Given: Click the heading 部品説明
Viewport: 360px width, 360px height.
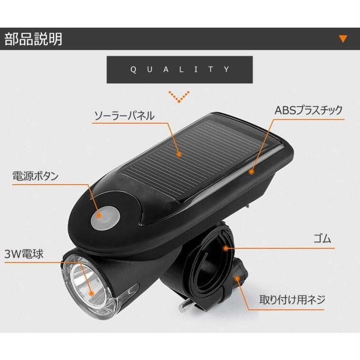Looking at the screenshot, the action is (x=33, y=39).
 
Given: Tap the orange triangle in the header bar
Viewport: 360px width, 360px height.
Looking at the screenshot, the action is (x=342, y=39).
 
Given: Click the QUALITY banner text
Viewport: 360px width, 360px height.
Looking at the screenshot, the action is (x=180, y=70).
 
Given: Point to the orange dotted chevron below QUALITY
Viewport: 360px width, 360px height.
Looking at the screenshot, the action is (x=180, y=97).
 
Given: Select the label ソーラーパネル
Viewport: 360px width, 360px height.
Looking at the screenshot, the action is (x=124, y=115).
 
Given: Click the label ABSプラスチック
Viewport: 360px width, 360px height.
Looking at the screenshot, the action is (x=308, y=110).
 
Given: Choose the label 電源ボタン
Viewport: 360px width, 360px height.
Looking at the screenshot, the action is (x=35, y=176).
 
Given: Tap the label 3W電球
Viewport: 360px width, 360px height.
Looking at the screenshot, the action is (x=24, y=254).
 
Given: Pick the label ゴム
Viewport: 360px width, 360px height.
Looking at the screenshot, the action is (x=323, y=239).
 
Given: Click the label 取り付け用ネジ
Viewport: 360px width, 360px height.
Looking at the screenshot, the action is (x=292, y=300).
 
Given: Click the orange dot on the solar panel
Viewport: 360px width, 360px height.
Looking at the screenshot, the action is (x=179, y=154).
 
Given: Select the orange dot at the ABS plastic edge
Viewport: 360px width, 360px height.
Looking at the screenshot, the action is (x=251, y=170).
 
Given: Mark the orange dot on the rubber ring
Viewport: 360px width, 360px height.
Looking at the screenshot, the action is (x=226, y=248).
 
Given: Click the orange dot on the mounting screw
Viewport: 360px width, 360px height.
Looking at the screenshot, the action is (x=236, y=278).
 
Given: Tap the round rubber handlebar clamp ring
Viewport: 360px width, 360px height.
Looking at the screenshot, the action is (x=210, y=262).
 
